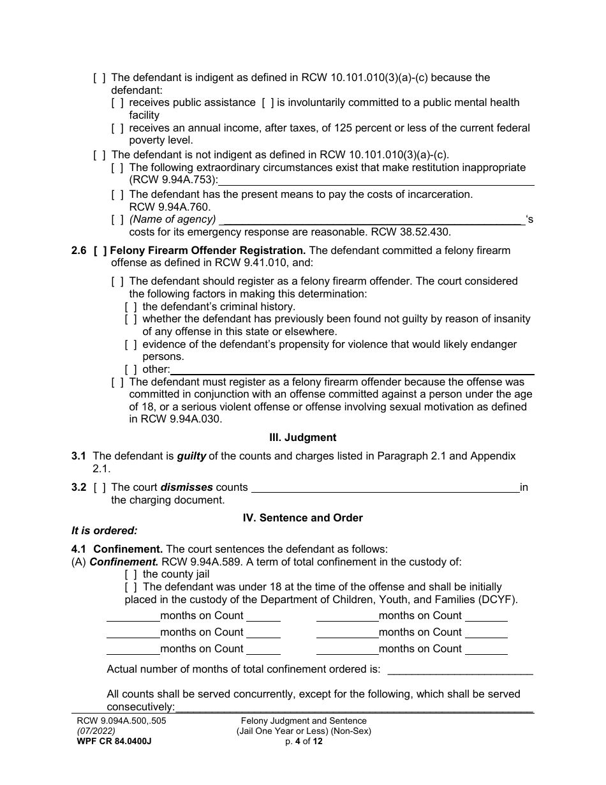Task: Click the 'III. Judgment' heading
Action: coord(303,438)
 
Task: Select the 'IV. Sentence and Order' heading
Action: coord(303,518)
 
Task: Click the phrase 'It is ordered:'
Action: coord(104,530)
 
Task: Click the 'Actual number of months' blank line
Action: coord(460,671)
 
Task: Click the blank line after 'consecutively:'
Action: coord(354,708)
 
